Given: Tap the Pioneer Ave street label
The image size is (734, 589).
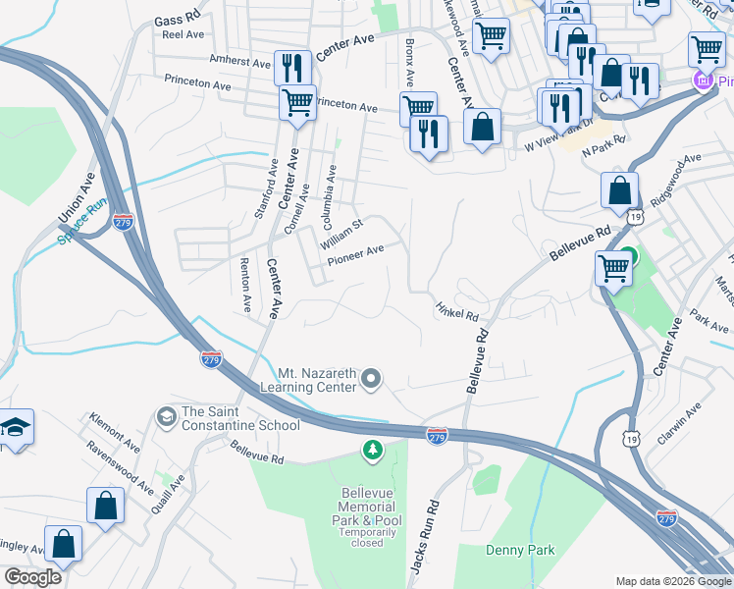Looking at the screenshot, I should pos(354,250).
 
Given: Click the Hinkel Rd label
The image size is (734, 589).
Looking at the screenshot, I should pos(456,312).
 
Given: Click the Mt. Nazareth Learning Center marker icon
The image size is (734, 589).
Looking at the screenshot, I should pos(371,378).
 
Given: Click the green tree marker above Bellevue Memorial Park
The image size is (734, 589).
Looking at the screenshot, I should pos(372,451).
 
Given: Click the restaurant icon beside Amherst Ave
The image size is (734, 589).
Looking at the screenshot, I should pos(292,67).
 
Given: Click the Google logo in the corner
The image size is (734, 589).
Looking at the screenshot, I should pos(33,577).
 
